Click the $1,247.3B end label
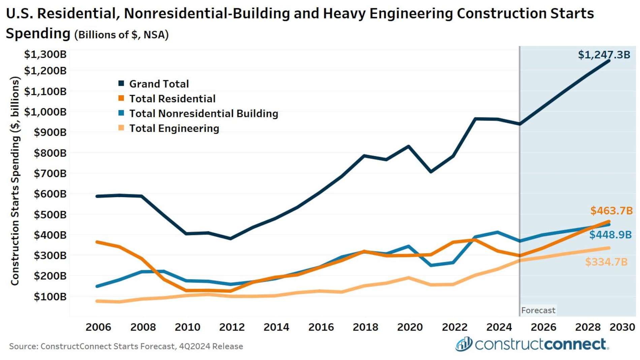[604, 55]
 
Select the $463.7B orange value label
[611, 211]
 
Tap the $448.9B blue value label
[610, 235]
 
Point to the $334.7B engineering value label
[606, 262]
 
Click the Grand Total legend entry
[159, 84]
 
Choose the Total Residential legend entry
[172, 99]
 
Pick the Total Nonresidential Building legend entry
[203, 113]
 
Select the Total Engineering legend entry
[174, 128]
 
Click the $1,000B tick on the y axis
[45, 112]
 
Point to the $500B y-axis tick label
[50, 215]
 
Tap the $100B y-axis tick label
[50, 297]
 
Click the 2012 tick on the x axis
[232, 327]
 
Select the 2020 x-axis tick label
[410, 327]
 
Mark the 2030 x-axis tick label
[622, 327]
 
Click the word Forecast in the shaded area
[538, 310]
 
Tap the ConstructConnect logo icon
[464, 344]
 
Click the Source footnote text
[126, 346]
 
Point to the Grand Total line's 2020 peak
[409, 146]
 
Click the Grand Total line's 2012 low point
[230, 238]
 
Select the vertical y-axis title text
[15, 181]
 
